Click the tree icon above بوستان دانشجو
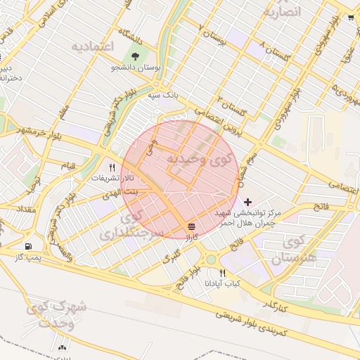click(x=135, y=56)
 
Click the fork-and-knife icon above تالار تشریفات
click(x=111, y=167)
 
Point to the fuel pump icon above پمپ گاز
click(x=28, y=246)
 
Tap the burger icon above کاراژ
click(x=191, y=226)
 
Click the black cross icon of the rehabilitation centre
click(x=247, y=202)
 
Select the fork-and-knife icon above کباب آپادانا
click(x=222, y=273)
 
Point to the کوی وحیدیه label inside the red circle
click(x=198, y=160)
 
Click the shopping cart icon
click(x=351, y=18)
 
